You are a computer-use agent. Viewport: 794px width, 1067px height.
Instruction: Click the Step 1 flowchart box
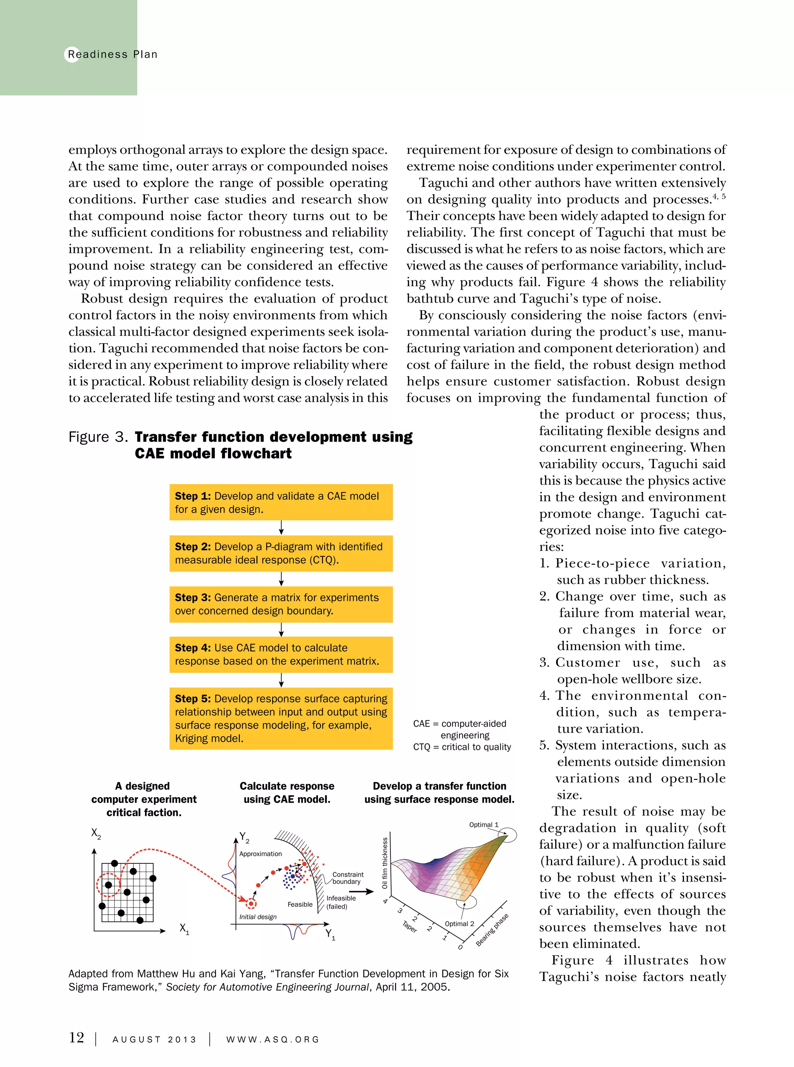(x=281, y=502)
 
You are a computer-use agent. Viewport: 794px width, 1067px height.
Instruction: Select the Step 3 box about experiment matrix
(x=281, y=604)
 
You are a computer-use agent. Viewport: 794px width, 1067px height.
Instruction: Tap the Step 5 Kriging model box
(x=281, y=718)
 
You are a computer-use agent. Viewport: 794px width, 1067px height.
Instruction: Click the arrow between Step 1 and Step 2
(x=281, y=528)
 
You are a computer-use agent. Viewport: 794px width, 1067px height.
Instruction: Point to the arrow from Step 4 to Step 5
(x=281, y=680)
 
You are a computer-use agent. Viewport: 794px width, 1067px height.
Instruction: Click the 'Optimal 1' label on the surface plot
(x=483, y=825)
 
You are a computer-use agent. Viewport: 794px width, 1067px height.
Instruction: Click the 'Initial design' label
(x=258, y=917)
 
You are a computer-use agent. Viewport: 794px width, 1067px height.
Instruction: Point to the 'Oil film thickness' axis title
(x=385, y=863)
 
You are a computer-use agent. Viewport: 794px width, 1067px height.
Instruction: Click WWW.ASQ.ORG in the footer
(x=273, y=1039)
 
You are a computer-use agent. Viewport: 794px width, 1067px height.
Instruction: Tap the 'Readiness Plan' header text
(x=112, y=54)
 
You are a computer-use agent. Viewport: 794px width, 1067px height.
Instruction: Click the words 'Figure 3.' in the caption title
(x=98, y=437)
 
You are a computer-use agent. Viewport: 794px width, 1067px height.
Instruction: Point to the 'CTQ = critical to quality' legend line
(x=462, y=747)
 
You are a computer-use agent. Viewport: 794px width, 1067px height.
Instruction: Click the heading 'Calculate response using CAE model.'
(x=287, y=792)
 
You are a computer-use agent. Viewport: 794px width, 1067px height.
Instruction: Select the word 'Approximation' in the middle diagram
(x=261, y=854)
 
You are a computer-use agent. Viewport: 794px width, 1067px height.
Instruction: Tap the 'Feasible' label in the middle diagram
(x=300, y=904)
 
